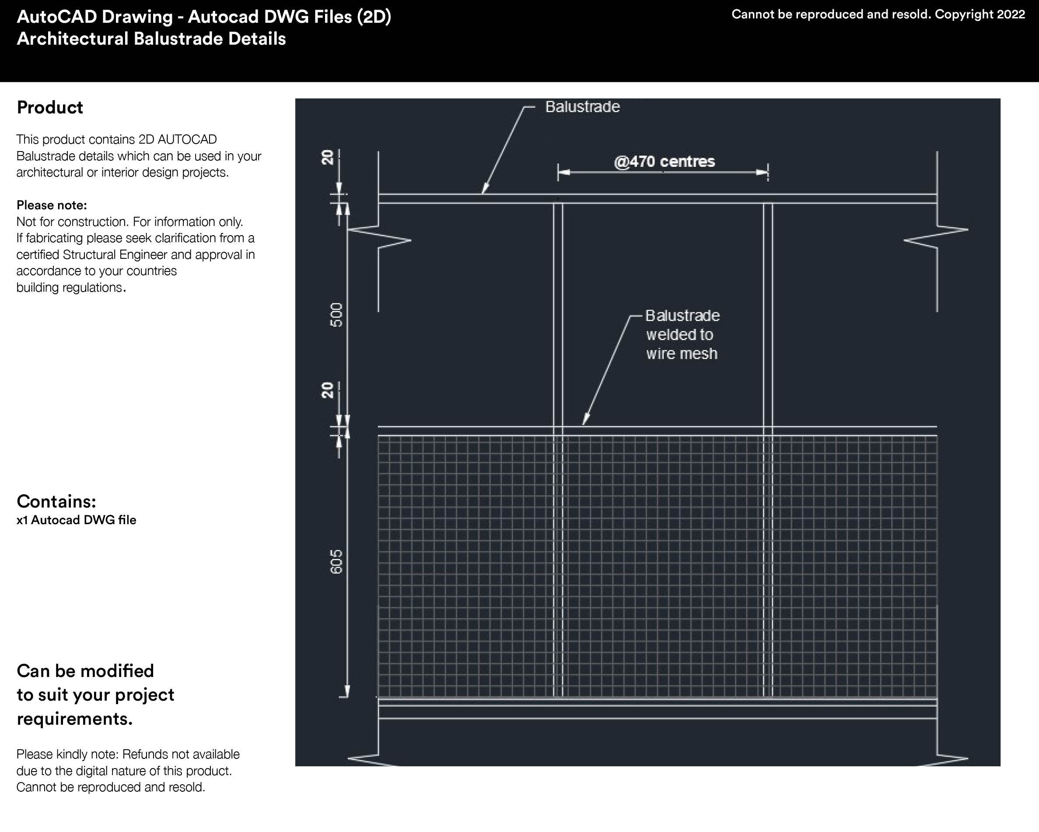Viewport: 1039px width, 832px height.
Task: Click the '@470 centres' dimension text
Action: pyautogui.click(x=664, y=162)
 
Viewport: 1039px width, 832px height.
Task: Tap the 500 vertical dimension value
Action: pyautogui.click(x=336, y=314)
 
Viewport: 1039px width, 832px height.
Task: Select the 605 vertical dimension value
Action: pyautogui.click(x=336, y=562)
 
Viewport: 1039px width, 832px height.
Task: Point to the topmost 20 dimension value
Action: pyautogui.click(x=328, y=157)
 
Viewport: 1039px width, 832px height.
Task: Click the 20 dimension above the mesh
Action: pyautogui.click(x=328, y=390)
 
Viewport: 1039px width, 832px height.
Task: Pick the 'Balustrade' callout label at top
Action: pyautogui.click(x=582, y=106)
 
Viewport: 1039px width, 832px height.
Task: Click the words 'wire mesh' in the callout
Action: pyautogui.click(x=682, y=353)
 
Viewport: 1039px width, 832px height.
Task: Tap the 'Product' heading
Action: pyautogui.click(x=49, y=108)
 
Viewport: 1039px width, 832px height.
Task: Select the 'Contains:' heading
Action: pyautogui.click(x=56, y=502)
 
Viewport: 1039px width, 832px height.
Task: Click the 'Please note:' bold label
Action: pyautogui.click(x=52, y=205)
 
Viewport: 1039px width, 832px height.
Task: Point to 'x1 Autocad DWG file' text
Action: pyautogui.click(x=76, y=520)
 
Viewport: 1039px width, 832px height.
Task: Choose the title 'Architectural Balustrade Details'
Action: pyautogui.click(x=151, y=39)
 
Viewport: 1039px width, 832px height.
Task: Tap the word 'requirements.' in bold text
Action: pyautogui.click(x=75, y=719)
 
